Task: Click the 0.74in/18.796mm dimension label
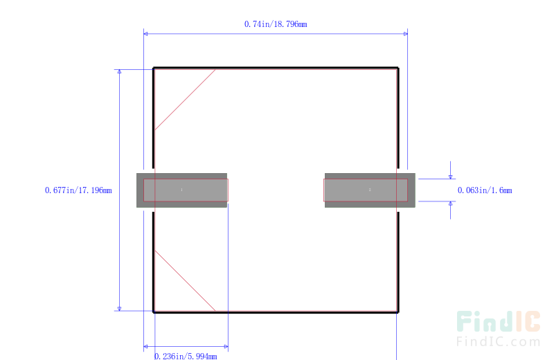276,24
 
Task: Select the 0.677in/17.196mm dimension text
78,190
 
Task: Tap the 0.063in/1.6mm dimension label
485,190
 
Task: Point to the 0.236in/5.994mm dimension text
186,356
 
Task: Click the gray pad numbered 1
181,190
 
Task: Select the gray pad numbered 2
370,190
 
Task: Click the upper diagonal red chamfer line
185,100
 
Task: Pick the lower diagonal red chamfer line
185,280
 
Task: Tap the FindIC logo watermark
498,321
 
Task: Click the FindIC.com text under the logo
498,341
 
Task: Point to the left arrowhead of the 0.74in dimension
145,34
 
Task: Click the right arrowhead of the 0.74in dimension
406,34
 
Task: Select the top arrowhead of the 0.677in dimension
119,71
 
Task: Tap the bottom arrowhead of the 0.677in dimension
119,309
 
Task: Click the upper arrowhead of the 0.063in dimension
451,177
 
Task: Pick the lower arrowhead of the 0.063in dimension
451,204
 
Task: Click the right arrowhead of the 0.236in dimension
226,347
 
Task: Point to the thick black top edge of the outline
276,67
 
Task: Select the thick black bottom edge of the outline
276,312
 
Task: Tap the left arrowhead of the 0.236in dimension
145,347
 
